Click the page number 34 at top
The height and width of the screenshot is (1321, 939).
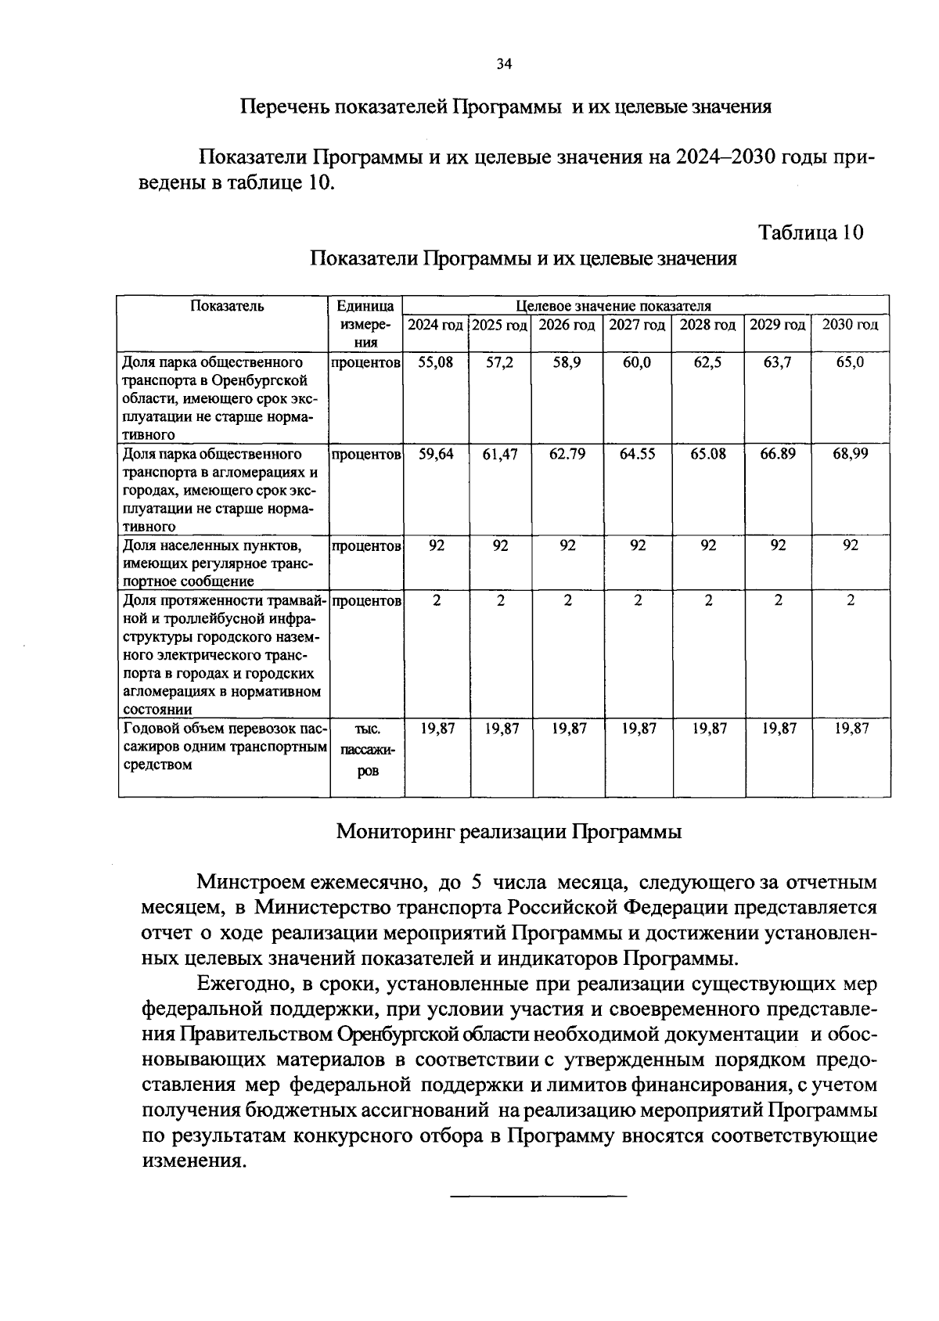(x=504, y=65)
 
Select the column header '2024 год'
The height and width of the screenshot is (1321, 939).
(x=435, y=325)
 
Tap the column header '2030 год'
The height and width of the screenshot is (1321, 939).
(x=851, y=325)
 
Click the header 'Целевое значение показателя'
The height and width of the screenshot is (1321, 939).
(x=613, y=306)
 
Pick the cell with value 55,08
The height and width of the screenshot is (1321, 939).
(x=436, y=362)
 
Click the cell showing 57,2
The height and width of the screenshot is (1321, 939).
(x=500, y=362)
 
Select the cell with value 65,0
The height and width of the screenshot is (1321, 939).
(x=850, y=362)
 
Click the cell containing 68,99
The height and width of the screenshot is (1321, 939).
(x=850, y=454)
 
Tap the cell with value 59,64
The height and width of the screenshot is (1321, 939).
(x=436, y=454)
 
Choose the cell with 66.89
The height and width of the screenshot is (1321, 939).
(x=778, y=454)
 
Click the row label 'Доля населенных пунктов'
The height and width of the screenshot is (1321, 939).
(x=212, y=545)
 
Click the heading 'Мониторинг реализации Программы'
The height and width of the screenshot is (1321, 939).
(x=509, y=831)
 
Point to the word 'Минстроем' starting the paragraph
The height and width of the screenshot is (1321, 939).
(x=250, y=883)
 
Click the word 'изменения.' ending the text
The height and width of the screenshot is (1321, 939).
(x=189, y=1161)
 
